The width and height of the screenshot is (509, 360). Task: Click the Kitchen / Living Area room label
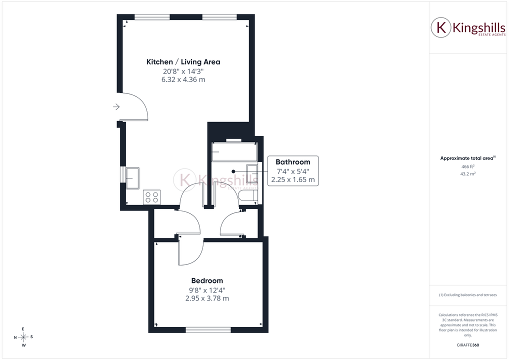click(183, 61)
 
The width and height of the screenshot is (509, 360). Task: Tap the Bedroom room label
click(207, 281)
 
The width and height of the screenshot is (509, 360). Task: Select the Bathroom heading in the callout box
click(293, 162)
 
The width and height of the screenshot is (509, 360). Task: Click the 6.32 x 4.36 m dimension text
click(183, 79)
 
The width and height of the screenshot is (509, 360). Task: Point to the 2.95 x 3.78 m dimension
click(207, 298)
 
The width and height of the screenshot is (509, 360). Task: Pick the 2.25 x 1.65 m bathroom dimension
click(293, 179)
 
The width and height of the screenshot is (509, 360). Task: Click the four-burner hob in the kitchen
click(151, 197)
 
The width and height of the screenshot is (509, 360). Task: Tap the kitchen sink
click(132, 178)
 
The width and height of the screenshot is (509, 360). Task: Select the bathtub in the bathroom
click(234, 151)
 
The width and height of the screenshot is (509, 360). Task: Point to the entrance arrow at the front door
click(116, 107)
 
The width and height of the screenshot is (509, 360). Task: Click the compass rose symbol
click(23, 337)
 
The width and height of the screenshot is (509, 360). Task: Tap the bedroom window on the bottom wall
click(208, 330)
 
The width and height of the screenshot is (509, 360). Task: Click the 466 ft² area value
click(468, 166)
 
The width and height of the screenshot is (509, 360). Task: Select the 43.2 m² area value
click(468, 173)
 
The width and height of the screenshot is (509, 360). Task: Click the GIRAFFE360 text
click(468, 345)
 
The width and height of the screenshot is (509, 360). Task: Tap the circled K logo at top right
click(441, 27)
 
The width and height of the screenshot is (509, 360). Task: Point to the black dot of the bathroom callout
click(233, 171)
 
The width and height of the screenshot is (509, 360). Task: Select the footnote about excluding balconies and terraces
click(468, 295)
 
